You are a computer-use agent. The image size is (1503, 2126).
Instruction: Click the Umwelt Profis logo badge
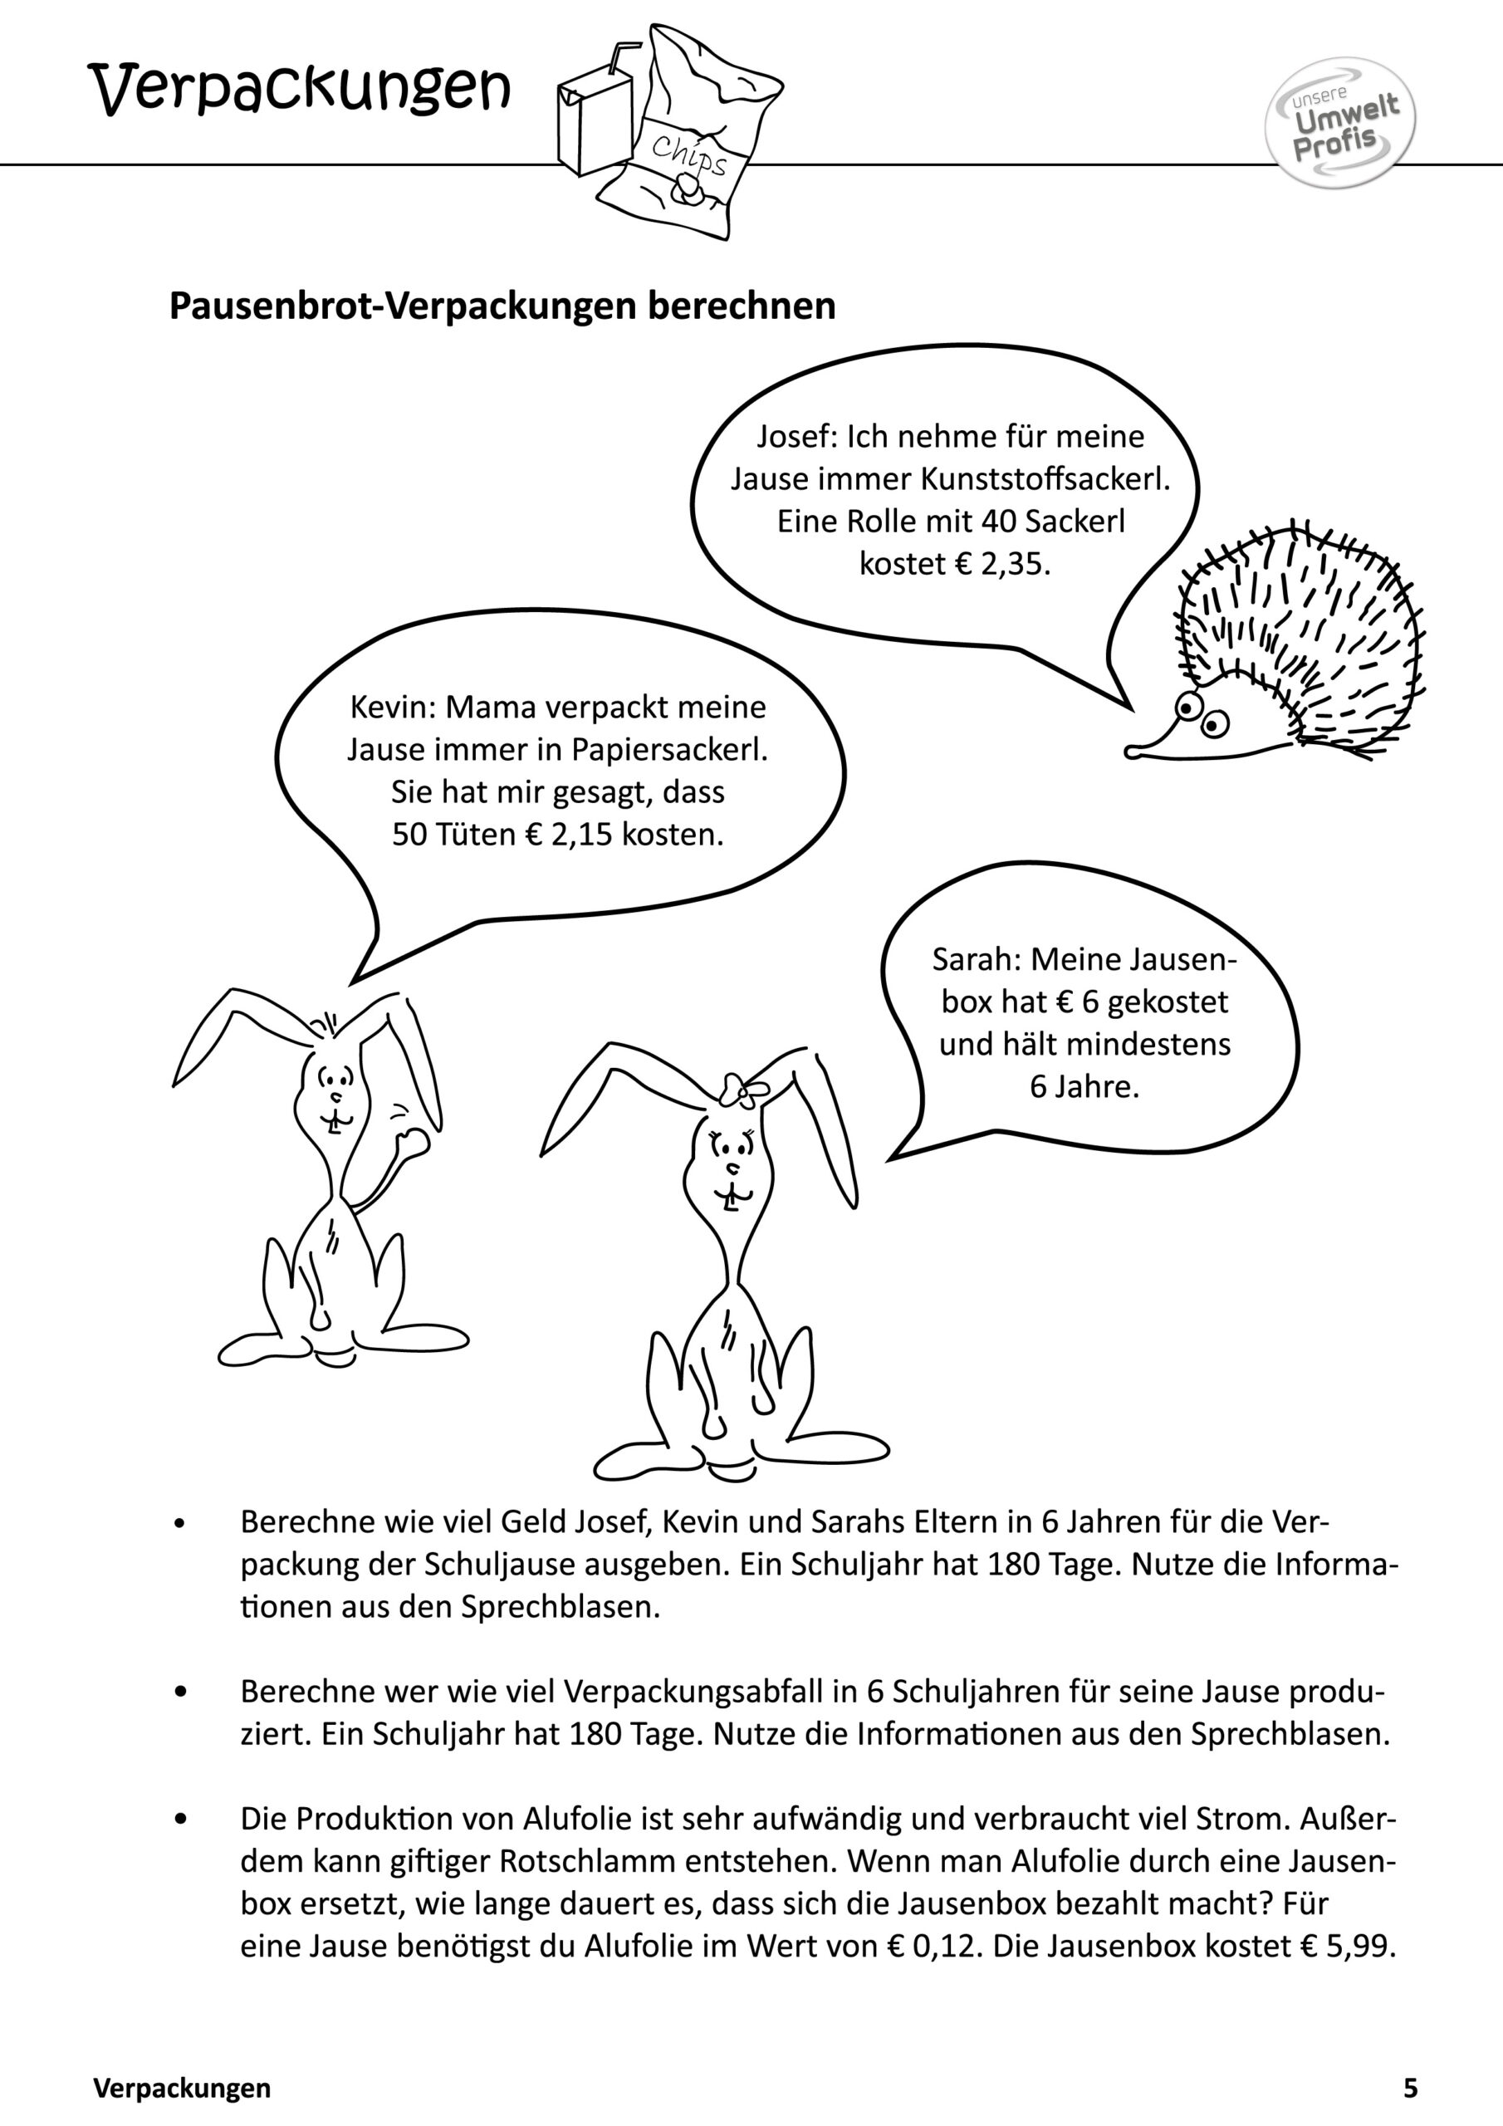click(x=1339, y=123)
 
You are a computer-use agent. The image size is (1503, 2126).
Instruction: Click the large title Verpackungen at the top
click(x=298, y=89)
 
